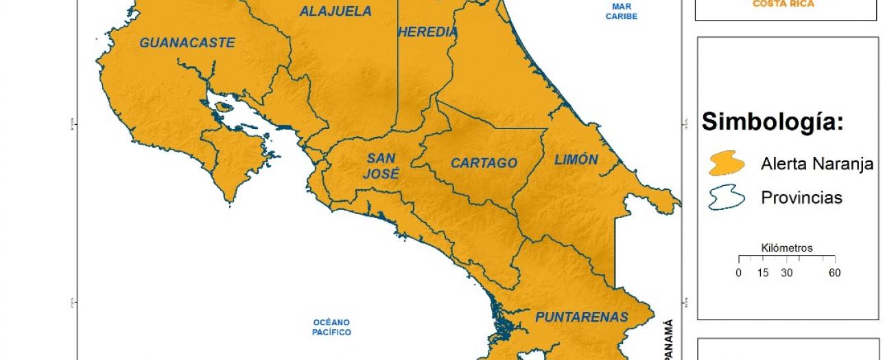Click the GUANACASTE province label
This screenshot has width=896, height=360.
click(x=187, y=43)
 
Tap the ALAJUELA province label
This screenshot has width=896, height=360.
click(x=335, y=12)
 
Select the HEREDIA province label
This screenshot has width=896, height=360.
click(x=427, y=32)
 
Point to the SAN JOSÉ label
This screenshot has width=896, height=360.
click(x=381, y=166)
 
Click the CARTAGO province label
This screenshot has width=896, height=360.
click(x=484, y=163)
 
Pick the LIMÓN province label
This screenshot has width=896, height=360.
click(x=576, y=160)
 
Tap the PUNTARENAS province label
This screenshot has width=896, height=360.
click(x=581, y=317)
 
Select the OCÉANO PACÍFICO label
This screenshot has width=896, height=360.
click(x=332, y=327)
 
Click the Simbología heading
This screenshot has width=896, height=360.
click(x=772, y=123)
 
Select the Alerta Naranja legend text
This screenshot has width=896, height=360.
click(x=816, y=164)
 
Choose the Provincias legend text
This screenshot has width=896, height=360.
click(x=801, y=197)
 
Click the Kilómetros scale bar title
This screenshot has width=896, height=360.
click(x=787, y=248)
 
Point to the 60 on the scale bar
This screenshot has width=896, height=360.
click(x=834, y=273)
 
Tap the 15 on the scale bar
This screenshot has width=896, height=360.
click(x=762, y=273)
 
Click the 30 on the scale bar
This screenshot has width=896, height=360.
click(x=786, y=273)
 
